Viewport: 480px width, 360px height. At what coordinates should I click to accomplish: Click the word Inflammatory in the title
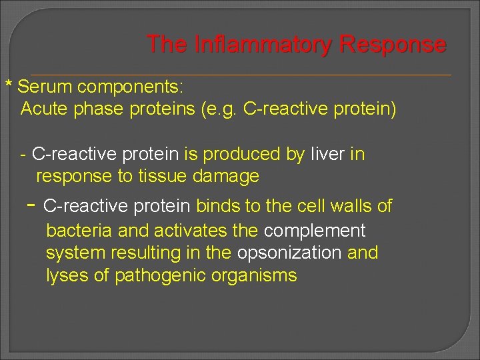point(263,45)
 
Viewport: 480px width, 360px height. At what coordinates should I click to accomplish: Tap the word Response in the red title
point(393,45)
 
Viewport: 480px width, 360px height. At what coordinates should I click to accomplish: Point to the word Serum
point(45,87)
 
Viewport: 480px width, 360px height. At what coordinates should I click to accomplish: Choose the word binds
point(219,206)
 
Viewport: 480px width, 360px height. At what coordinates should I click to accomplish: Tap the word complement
point(315,231)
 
